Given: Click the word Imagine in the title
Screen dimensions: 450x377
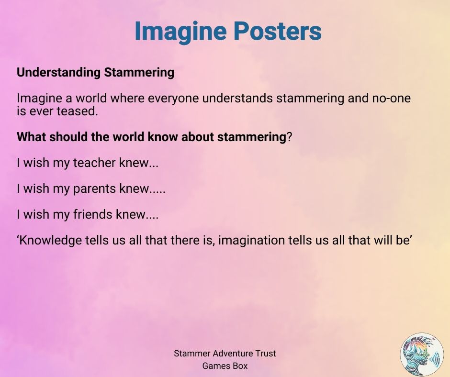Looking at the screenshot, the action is (x=180, y=32).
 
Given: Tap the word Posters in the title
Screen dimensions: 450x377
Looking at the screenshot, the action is (x=277, y=31).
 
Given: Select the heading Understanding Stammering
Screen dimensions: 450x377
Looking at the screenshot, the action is (x=95, y=72).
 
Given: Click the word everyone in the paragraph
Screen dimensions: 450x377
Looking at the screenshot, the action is (x=173, y=98).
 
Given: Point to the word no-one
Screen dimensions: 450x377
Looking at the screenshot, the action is (x=391, y=99).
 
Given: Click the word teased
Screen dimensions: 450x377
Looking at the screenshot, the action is (x=77, y=111).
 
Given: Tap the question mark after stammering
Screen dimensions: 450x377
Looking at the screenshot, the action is (x=289, y=136).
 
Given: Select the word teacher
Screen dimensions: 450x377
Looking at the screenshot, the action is (x=94, y=163).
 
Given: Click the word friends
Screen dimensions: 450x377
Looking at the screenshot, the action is (x=92, y=214).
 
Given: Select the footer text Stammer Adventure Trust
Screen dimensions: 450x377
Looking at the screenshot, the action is (x=225, y=353).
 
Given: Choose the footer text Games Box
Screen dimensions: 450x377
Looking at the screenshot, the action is (x=225, y=366).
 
